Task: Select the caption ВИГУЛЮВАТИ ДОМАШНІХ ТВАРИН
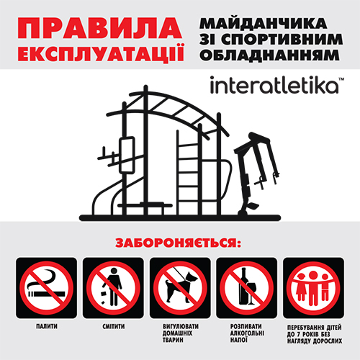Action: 180,336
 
